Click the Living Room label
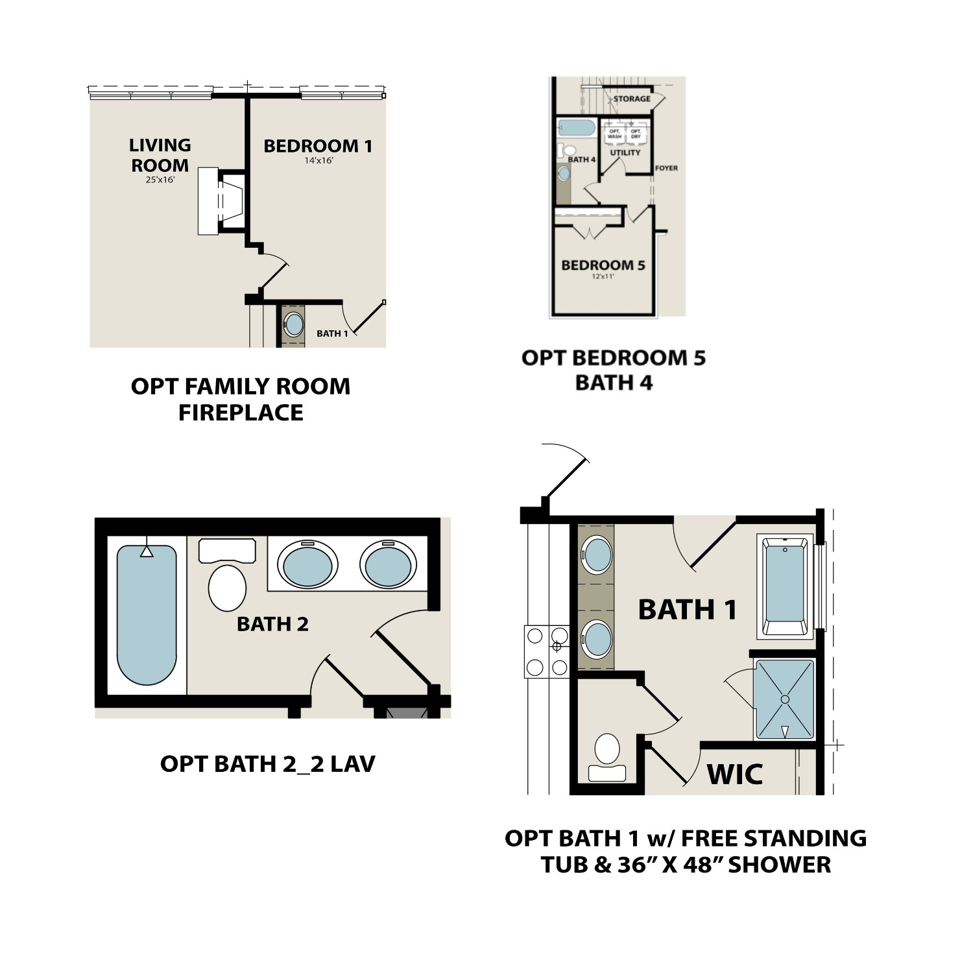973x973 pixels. tap(160, 155)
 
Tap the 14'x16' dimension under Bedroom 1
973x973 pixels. tap(318, 160)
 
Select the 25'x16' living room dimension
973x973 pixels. tap(160, 180)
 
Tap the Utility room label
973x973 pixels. tap(625, 152)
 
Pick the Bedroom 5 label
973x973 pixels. tap(603, 265)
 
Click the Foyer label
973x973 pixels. tap(666, 168)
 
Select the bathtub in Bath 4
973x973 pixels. tap(576, 127)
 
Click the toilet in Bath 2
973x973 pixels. tap(227, 587)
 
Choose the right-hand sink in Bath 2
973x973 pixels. tap(387, 565)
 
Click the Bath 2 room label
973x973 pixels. tap(272, 624)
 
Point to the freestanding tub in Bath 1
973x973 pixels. tap(785, 584)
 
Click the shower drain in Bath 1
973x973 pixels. tap(784, 699)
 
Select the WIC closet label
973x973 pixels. tap(734, 775)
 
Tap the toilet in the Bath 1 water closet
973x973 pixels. tap(607, 750)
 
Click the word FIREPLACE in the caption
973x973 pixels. tap(241, 413)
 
